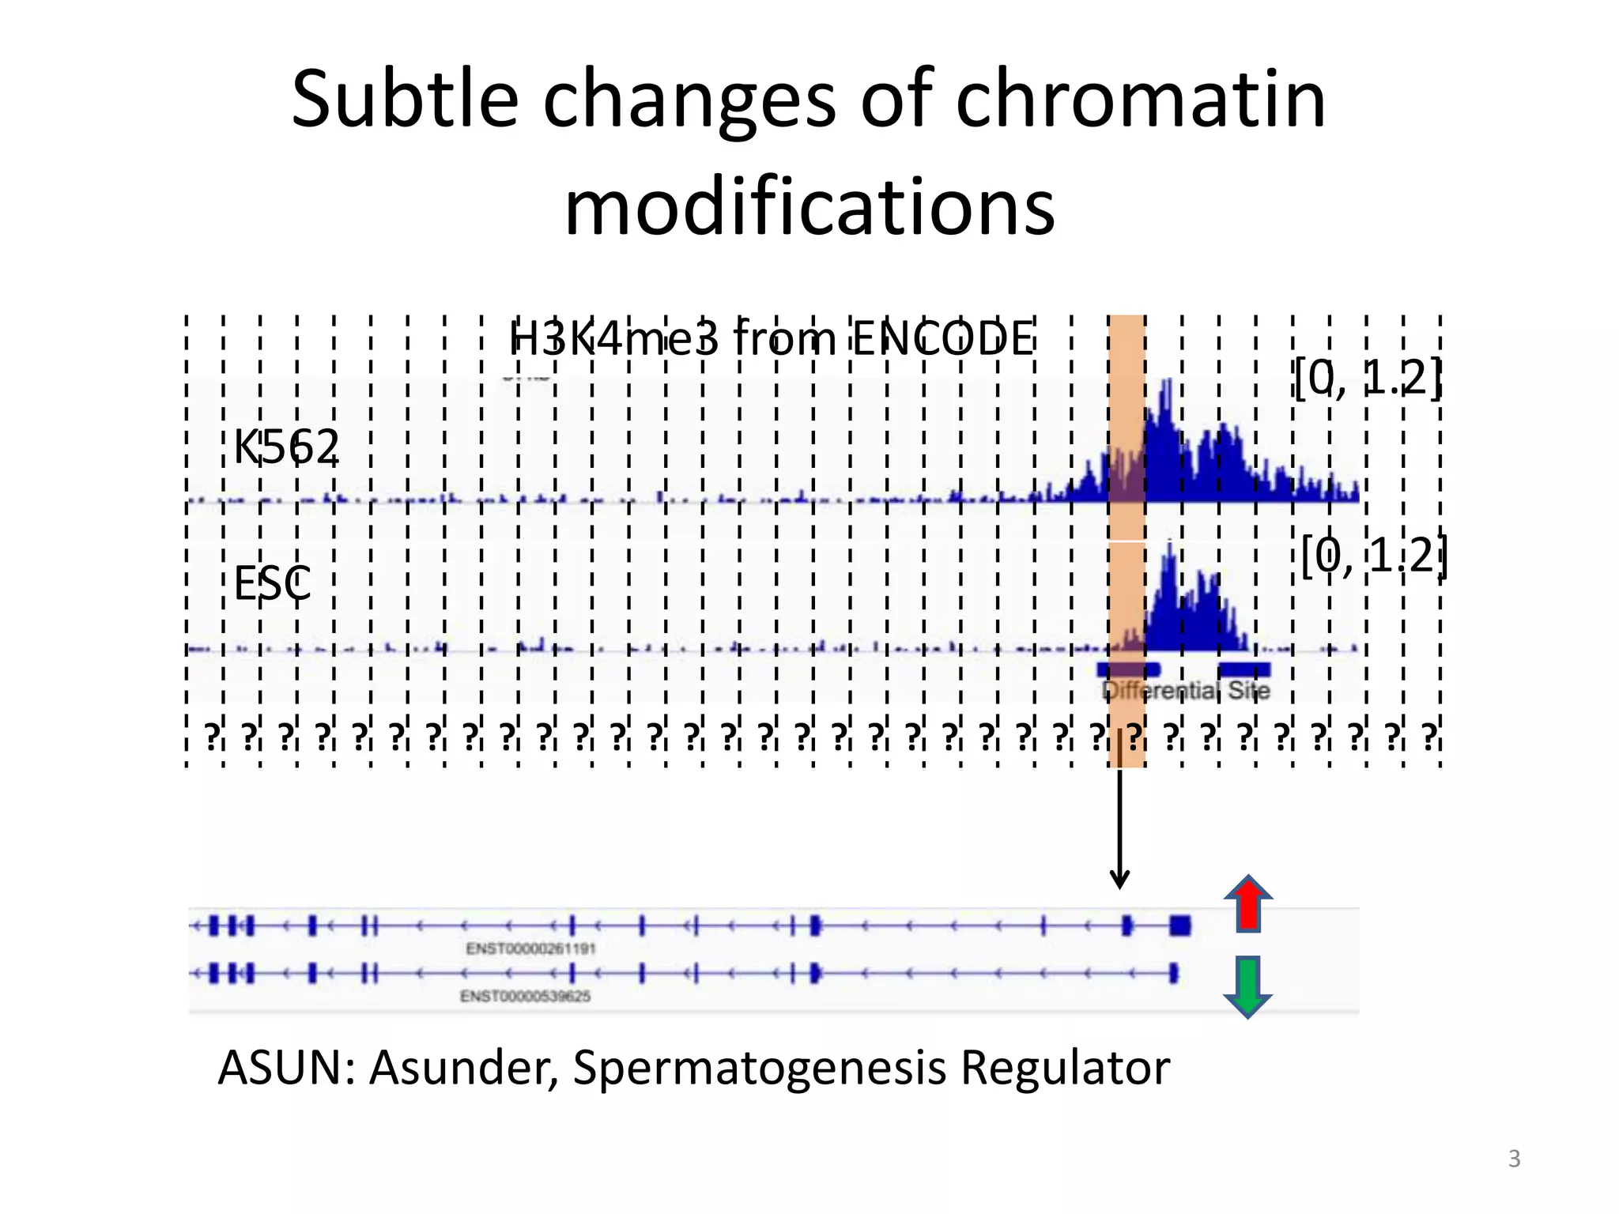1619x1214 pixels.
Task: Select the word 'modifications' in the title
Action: point(809,207)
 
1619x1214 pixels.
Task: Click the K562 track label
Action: point(286,447)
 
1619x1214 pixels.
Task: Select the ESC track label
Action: point(273,583)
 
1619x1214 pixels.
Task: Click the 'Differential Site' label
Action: point(1186,691)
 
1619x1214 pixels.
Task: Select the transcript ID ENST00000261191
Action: point(530,948)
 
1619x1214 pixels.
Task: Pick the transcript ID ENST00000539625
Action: point(525,996)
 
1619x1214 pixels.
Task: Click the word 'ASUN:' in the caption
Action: point(286,1068)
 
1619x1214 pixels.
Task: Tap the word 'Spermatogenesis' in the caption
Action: point(759,1068)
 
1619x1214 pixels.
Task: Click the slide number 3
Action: point(1514,1159)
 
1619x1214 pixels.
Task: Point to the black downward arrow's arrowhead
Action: point(1119,879)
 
